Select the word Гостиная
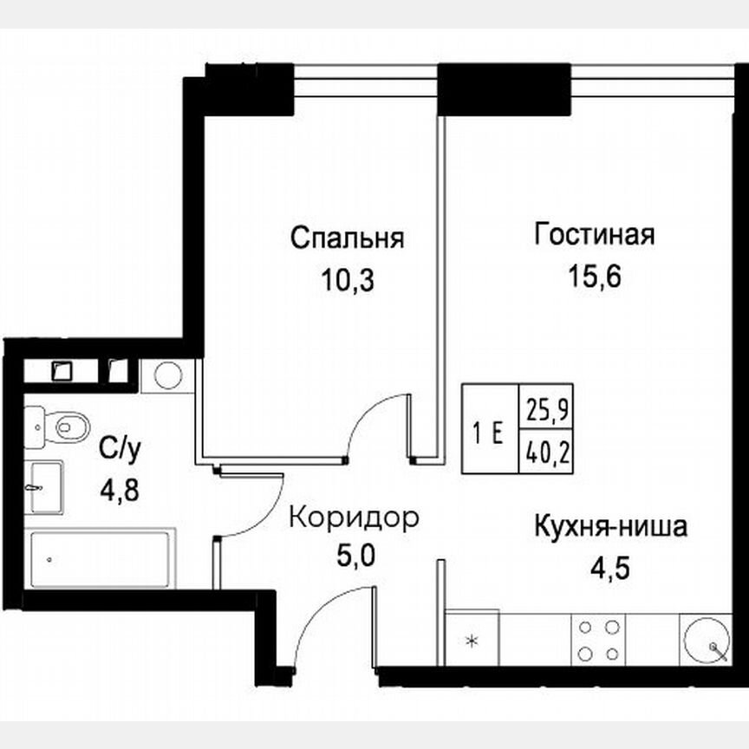[594, 235]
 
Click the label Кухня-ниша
[610, 526]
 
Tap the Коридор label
[354, 518]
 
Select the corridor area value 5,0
[355, 556]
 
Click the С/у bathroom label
[120, 449]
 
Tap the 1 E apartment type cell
[490, 430]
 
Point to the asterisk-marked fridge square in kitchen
[472, 641]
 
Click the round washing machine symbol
[167, 376]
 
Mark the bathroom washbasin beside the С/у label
[42, 487]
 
